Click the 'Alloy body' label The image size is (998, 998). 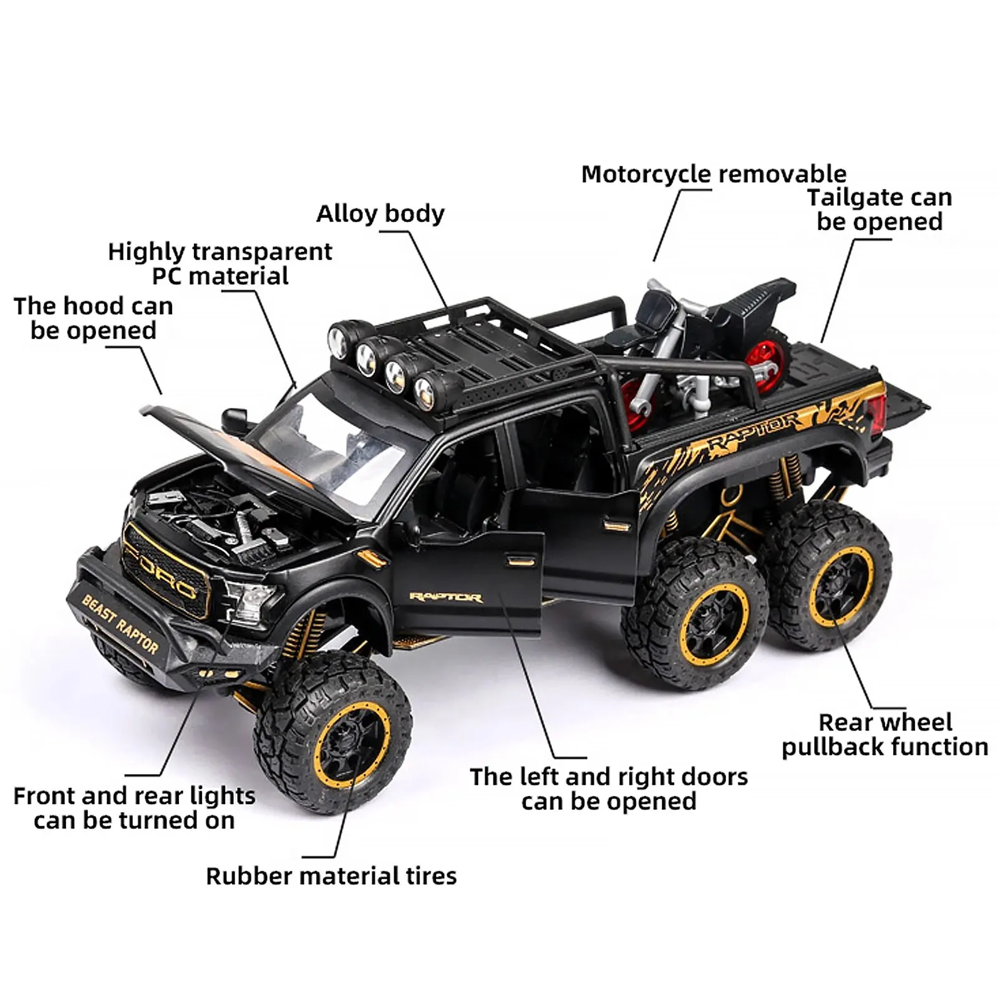380,214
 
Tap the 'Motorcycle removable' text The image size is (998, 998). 714,174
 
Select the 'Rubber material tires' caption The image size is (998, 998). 331,876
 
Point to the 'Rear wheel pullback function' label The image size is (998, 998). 885,735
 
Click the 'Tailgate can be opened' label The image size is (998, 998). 879,210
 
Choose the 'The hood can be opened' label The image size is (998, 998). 94,318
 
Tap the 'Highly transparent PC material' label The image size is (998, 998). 220,264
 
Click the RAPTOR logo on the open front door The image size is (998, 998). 445,598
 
